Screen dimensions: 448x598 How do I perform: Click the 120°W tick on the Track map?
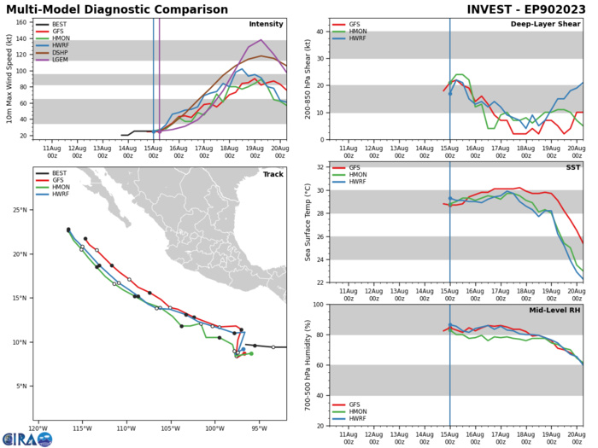pyautogui.click(x=38, y=428)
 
